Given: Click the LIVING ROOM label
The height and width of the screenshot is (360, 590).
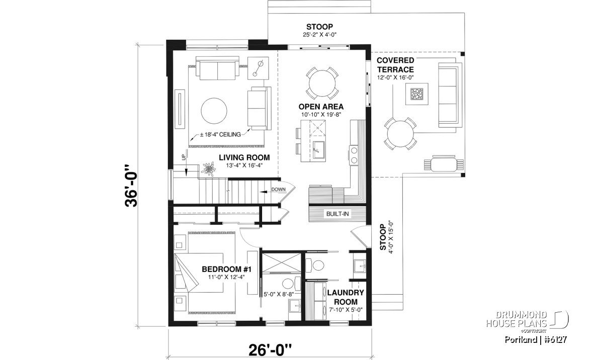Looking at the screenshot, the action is pos(244,157).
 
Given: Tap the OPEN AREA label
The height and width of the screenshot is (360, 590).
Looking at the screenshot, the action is pos(321,107).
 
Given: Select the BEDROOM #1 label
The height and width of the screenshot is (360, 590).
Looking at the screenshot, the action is pos(226,269).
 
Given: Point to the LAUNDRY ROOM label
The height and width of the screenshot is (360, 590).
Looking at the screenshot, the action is pos(346,297).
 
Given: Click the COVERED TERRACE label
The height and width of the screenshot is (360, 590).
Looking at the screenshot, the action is pos(395,65).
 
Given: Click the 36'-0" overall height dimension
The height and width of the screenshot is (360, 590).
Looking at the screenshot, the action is pos(132,186).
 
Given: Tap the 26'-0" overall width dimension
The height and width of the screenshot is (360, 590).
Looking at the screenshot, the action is pos(270,349).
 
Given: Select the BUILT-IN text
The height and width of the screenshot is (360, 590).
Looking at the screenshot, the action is pos(338,214).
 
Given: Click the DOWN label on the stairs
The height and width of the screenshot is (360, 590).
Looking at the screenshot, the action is pos(278,189).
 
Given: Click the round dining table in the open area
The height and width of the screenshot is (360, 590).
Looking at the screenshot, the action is pos(321,82).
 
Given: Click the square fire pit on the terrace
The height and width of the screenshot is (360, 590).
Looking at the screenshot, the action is pos(417,94).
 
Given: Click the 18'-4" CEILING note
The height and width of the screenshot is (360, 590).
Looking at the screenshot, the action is pos(220,135).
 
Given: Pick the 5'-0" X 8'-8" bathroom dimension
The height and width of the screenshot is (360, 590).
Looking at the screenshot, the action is pos(279,295).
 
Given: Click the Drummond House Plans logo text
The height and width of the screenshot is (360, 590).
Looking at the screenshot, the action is pos(516,319).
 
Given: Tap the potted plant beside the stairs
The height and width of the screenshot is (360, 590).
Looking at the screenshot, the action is pos(208,169).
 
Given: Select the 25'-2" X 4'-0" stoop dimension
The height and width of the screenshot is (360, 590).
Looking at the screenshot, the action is pos(319,35).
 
